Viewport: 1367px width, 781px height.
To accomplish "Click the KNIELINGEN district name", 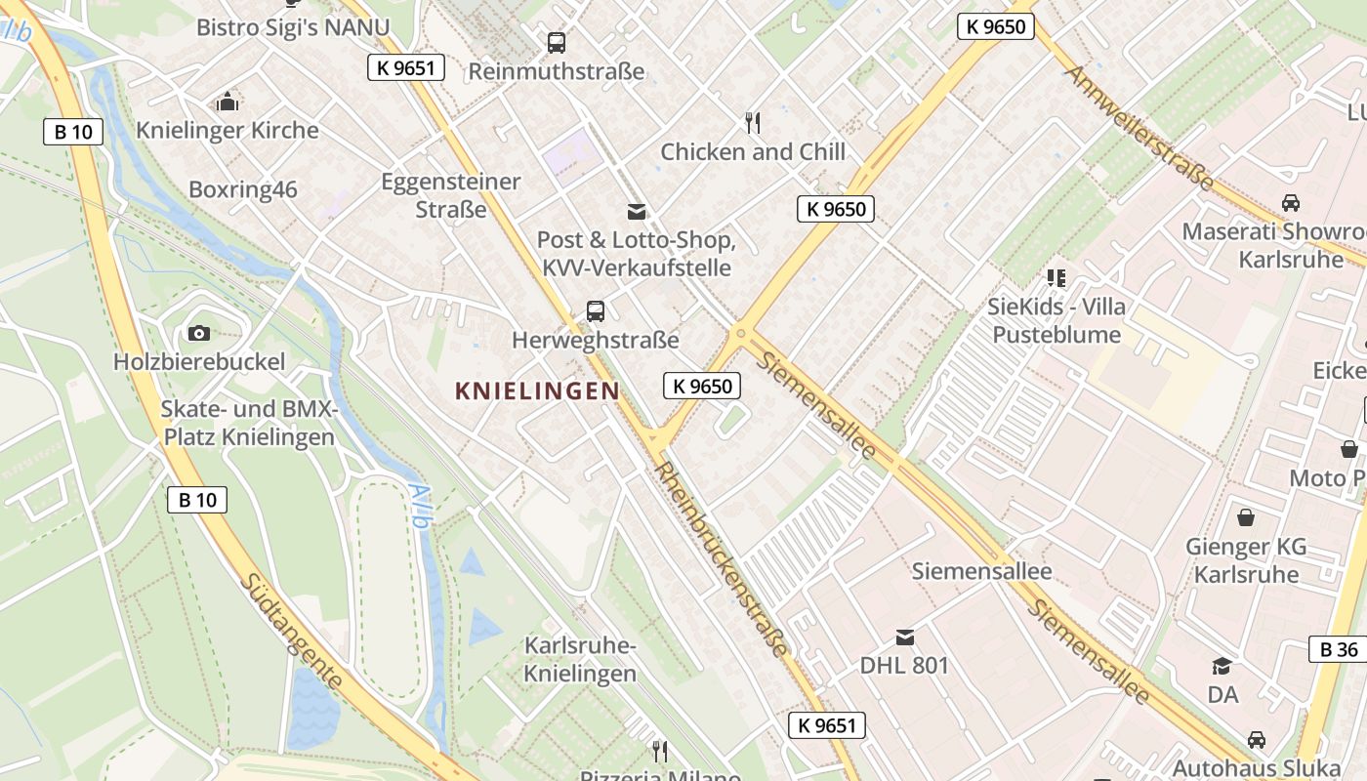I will click(537, 391).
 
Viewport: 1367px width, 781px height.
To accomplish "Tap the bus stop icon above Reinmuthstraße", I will click(557, 43).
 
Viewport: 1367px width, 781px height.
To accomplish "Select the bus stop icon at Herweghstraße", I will click(596, 311).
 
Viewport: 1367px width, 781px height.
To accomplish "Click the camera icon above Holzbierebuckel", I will click(199, 333).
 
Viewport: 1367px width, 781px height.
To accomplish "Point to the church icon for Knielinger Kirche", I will click(228, 102).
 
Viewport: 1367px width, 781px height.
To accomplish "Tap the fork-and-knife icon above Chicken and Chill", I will click(753, 123).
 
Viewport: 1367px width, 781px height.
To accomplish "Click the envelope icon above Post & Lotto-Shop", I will click(637, 212).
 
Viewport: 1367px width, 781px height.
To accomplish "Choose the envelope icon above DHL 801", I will click(905, 637).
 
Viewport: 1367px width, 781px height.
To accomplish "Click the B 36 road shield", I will click(1339, 649).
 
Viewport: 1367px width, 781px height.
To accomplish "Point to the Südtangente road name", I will click(291, 632).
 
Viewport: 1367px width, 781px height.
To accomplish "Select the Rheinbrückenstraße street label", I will click(723, 558).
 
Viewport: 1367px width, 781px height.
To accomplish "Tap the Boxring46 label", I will click(243, 189).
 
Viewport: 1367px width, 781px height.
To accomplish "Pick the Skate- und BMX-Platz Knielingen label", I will click(249, 423).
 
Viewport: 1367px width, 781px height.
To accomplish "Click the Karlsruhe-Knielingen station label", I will click(580, 659).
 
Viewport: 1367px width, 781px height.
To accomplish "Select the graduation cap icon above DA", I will click(1222, 667).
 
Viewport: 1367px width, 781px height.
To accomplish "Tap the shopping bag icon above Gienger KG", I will click(1246, 517).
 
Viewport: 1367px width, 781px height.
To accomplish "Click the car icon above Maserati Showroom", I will click(1291, 203).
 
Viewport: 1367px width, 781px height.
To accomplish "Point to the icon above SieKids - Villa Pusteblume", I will click(1056, 278).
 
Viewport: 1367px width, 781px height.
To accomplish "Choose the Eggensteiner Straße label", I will click(451, 195).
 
